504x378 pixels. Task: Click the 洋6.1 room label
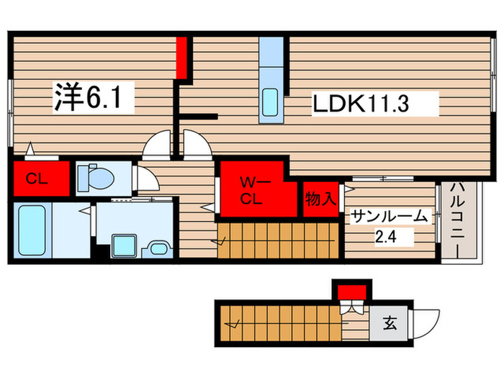(94, 97)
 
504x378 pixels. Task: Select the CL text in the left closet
(37, 179)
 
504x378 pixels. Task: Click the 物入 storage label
(320, 199)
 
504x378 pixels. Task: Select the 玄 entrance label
(390, 325)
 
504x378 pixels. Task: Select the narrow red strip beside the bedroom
(183, 57)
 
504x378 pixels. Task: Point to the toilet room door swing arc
(145, 178)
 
